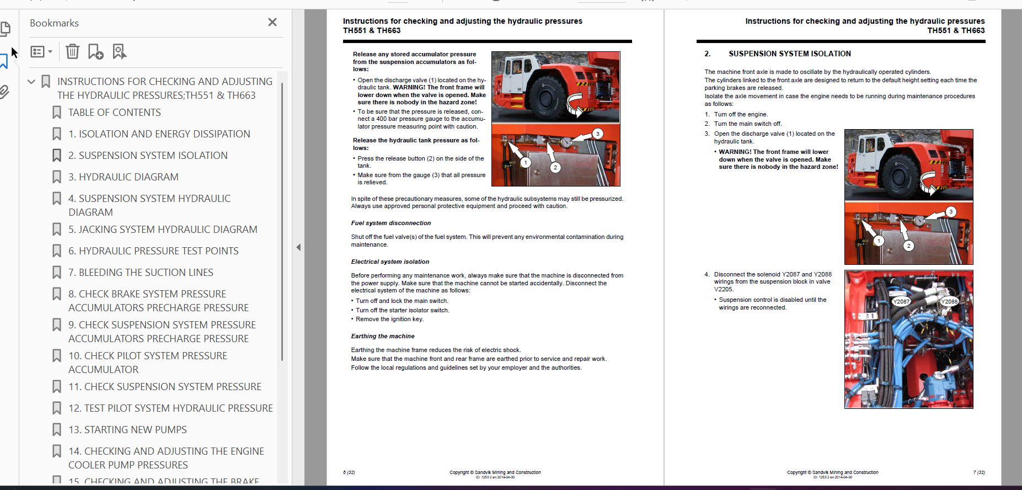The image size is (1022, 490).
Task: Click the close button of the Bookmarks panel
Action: point(272,22)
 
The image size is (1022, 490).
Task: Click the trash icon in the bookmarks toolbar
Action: point(72,51)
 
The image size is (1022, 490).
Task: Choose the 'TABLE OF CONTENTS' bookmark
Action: point(114,113)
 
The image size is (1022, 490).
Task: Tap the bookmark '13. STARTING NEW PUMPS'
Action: point(127,430)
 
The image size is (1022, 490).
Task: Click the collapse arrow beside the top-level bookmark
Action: point(31,82)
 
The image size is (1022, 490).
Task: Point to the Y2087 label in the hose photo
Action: point(901,301)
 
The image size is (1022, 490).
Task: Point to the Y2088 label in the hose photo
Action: point(949,301)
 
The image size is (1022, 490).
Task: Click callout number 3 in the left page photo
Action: point(597,134)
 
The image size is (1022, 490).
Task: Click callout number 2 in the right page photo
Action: point(908,246)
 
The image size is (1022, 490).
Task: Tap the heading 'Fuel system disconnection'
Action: point(390,223)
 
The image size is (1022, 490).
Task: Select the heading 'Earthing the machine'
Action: point(382,336)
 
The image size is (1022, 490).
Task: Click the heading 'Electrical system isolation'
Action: point(389,262)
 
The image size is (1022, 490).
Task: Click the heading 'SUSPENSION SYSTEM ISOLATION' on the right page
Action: point(789,54)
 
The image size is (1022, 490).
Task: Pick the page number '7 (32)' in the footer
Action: point(978,472)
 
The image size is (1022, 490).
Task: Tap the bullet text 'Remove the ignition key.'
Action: point(389,319)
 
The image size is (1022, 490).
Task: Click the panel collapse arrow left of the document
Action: point(298,247)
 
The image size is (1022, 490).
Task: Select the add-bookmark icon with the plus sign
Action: point(95,51)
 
